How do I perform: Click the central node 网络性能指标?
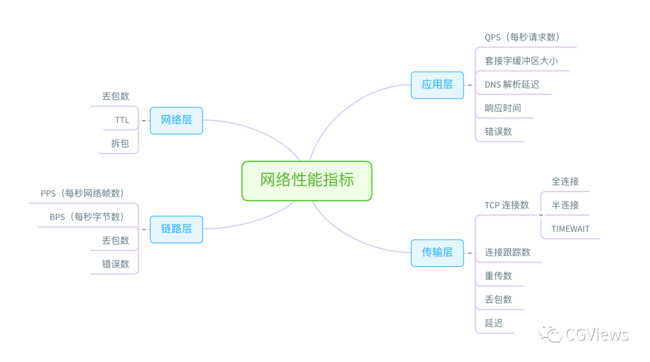[x=307, y=180]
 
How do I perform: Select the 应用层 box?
[x=437, y=85]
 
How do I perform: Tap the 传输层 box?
[x=437, y=252]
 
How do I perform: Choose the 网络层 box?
[x=176, y=120]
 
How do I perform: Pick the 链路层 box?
[x=176, y=229]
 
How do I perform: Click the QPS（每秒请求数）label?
[x=522, y=37]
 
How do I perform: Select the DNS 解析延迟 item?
[x=512, y=84]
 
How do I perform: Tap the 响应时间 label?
[x=503, y=108]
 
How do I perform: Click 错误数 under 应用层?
[x=498, y=131]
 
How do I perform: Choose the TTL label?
[x=122, y=120]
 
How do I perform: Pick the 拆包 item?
[x=120, y=143]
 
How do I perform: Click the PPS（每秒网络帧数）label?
[x=82, y=193]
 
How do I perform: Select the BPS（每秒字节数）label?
[x=87, y=217]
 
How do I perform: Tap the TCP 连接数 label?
[x=507, y=205]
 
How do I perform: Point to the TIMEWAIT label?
[x=571, y=229]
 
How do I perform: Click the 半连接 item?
[x=565, y=205]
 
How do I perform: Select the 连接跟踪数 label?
[x=508, y=252]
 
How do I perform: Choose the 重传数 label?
[x=498, y=276]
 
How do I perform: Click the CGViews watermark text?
[x=596, y=335]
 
